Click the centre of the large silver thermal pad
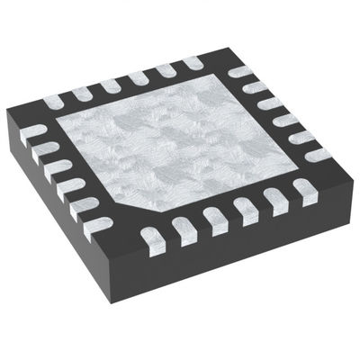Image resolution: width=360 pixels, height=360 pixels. pos(180,144)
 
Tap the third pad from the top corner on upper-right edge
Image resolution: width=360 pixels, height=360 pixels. pos(267,101)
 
